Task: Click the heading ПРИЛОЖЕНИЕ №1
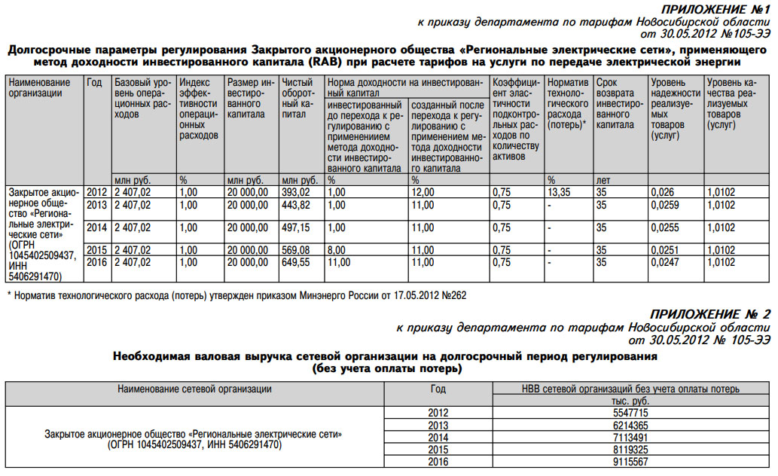click(715, 9)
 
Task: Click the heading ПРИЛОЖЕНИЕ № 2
click(711, 315)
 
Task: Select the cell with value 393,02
click(296, 193)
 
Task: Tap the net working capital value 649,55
click(296, 262)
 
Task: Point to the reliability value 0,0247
click(664, 262)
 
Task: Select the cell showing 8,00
click(337, 250)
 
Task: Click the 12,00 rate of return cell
click(423, 193)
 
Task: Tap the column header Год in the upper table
click(95, 82)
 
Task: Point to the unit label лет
click(603, 181)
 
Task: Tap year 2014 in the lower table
click(438, 438)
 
